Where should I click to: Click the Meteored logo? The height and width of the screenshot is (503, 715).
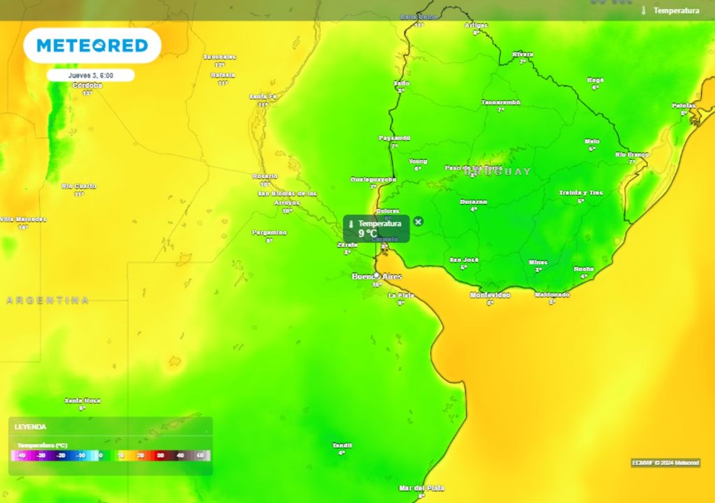(x=92, y=45)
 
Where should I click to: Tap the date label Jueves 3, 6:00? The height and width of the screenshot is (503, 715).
(x=91, y=75)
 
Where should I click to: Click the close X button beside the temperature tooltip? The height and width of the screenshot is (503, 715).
(x=418, y=221)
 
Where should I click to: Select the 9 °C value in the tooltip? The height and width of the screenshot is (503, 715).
(x=368, y=233)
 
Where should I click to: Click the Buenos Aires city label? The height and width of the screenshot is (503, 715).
(x=377, y=277)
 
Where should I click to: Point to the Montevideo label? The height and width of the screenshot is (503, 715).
(x=489, y=295)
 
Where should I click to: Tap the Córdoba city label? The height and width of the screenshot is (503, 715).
(x=87, y=85)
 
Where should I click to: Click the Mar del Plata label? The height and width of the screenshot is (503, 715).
(x=421, y=488)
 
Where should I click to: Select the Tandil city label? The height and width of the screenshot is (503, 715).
(x=341, y=445)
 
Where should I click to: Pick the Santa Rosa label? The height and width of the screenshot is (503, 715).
(x=82, y=400)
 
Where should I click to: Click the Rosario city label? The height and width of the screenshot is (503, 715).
(x=265, y=176)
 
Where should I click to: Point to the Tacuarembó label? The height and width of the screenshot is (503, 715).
(x=501, y=102)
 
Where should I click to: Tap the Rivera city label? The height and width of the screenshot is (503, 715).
(x=522, y=54)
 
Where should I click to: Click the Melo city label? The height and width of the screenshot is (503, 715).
(x=592, y=141)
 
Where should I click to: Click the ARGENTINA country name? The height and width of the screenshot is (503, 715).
(x=47, y=300)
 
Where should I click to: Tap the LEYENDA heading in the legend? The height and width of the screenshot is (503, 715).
(x=31, y=426)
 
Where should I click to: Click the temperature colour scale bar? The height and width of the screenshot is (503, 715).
(x=110, y=455)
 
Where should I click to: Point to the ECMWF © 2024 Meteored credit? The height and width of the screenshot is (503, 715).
(x=665, y=462)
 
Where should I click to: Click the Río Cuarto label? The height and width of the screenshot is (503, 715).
(x=79, y=186)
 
